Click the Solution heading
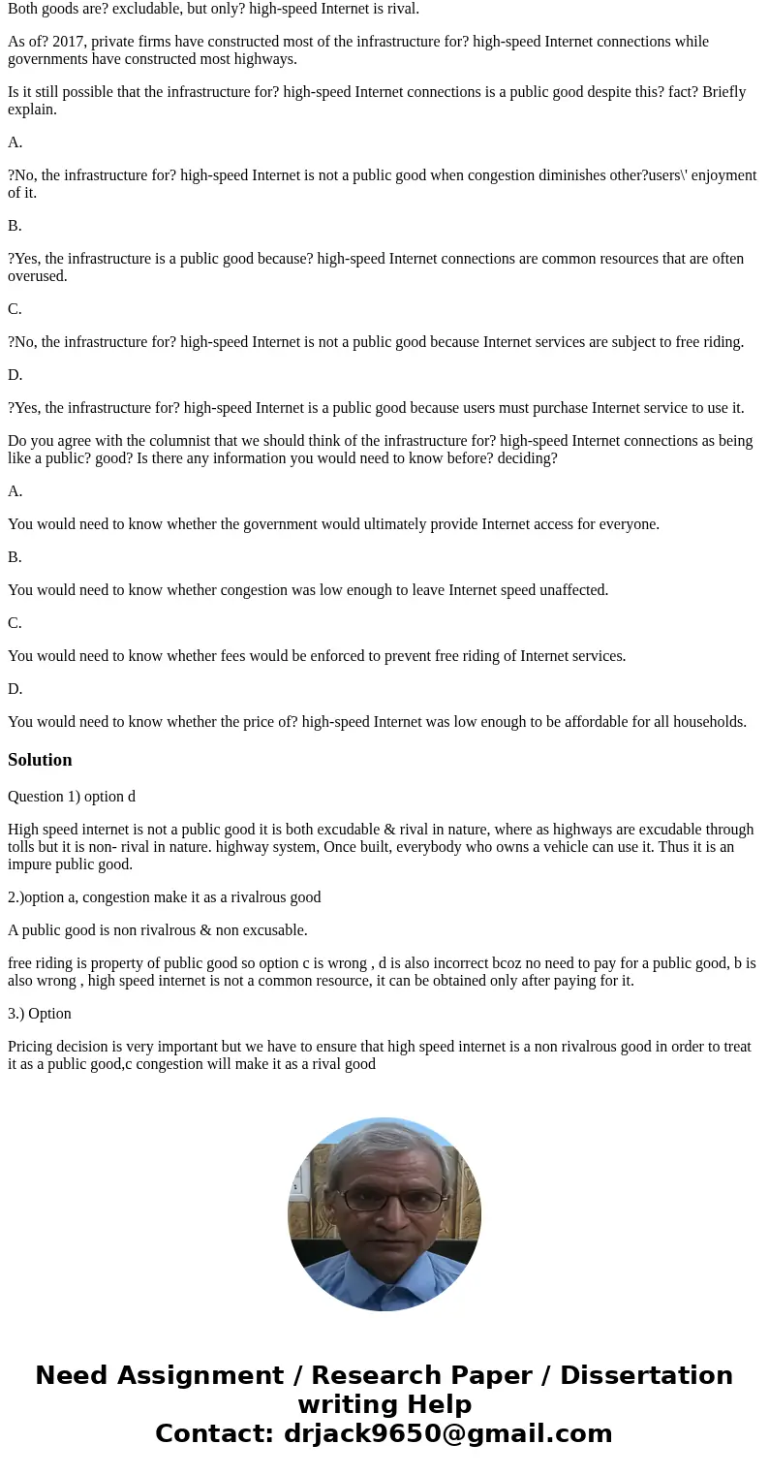pos(40,760)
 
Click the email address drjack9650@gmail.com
pos(447,1433)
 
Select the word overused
pos(38,276)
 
